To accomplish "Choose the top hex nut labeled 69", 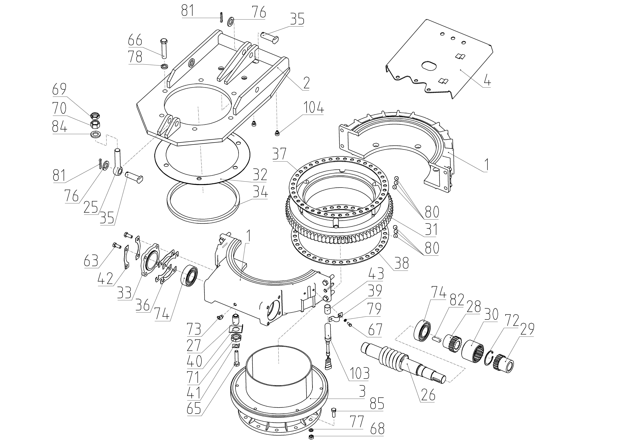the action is [94, 116].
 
